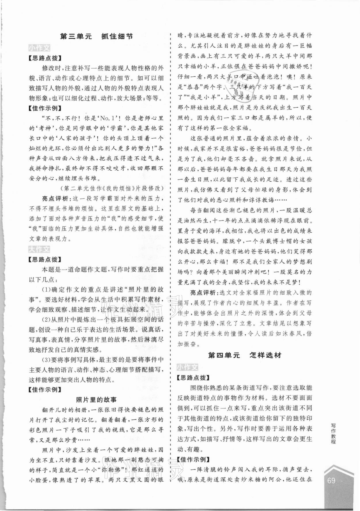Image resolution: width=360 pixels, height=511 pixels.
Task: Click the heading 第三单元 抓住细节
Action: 96,37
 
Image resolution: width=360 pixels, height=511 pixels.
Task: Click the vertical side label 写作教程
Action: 333,433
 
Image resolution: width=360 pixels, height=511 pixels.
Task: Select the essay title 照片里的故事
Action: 96,399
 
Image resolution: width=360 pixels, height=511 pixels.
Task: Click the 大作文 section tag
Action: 39,249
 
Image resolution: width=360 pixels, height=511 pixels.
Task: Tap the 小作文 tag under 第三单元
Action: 39,48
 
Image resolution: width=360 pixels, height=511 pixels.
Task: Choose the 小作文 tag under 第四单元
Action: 187,367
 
